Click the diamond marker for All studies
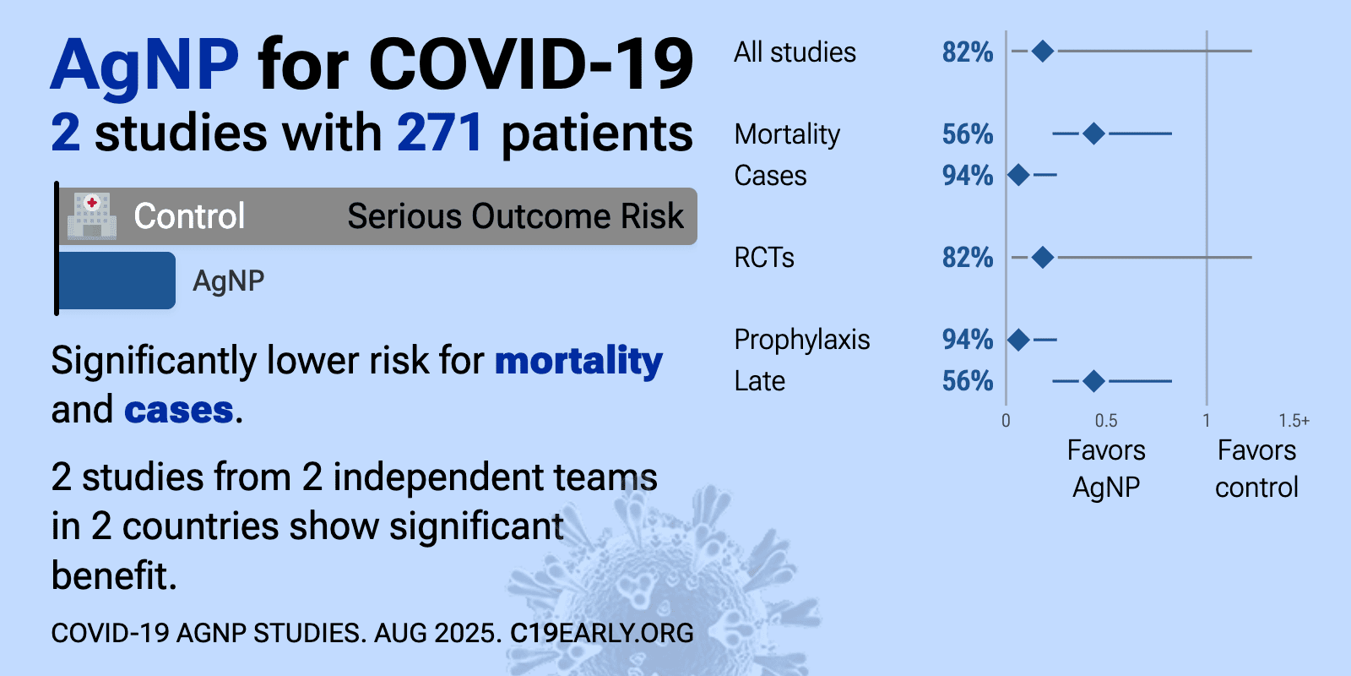point(1042,52)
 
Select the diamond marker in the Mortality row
point(1093,134)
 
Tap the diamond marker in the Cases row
point(1018,175)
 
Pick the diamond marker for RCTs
point(1042,258)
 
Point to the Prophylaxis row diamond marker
point(1018,340)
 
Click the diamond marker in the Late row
point(1093,381)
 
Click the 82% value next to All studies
point(968,52)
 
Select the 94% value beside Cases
point(968,176)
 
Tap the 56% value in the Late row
point(968,381)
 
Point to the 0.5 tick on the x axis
point(1106,421)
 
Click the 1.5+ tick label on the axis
point(1294,421)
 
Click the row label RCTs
point(764,258)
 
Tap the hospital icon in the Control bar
point(92,215)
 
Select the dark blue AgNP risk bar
point(117,281)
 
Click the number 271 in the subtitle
point(440,133)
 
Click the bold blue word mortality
point(579,362)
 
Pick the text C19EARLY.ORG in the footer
point(602,633)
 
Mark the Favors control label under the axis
point(1257,469)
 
